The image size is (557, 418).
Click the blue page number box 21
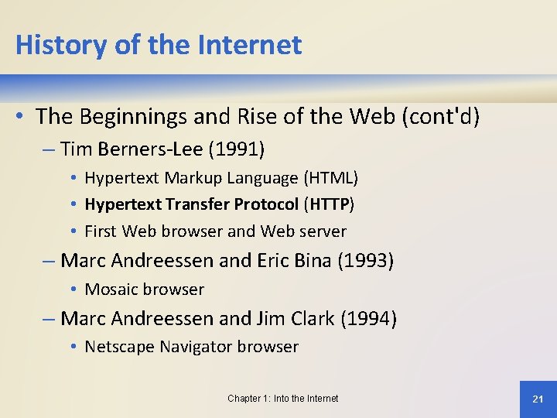pos(538,399)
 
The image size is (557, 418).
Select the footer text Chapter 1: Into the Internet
pos(282,399)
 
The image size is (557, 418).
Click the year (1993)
pos(365,261)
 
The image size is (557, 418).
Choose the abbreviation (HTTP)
pos(330,204)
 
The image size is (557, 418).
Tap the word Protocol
pos(263,204)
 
